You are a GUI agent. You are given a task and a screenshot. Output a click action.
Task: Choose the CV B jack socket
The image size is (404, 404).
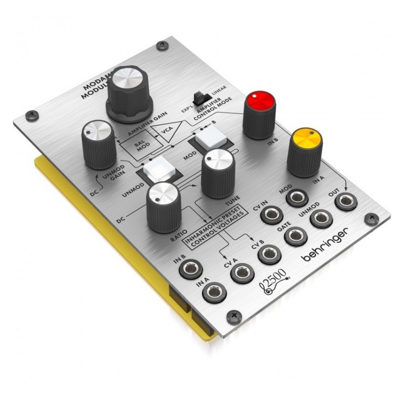tap(269, 255)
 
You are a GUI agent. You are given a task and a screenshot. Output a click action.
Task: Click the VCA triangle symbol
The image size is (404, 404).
tap(170, 131)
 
